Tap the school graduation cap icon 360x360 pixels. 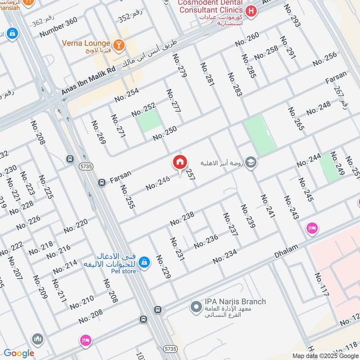point(252,162)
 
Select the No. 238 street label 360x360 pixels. point(182,218)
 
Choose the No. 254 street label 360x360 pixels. point(126,94)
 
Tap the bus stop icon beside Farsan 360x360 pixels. point(102,182)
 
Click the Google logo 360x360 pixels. point(19,354)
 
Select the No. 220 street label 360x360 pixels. point(76,226)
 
